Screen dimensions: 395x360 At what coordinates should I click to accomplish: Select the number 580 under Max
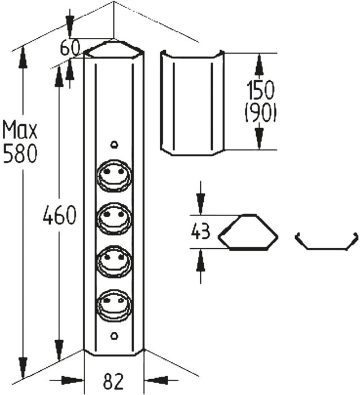click(20, 153)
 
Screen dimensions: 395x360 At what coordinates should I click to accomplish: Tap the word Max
click(20, 131)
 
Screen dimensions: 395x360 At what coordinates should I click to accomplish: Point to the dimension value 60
click(71, 49)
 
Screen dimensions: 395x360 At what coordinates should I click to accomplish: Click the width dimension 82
click(114, 381)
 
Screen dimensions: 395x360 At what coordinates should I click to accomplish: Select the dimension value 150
click(260, 91)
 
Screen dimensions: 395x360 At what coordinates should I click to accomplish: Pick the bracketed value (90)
click(260, 114)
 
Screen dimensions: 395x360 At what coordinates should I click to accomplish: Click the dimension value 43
click(201, 231)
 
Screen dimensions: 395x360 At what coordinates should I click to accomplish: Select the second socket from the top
click(115, 218)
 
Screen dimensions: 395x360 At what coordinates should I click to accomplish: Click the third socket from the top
click(115, 261)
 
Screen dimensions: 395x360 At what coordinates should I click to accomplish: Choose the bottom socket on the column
click(115, 305)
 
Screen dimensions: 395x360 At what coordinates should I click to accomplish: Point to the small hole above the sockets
click(115, 145)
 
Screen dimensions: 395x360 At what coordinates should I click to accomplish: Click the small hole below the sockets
click(115, 336)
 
